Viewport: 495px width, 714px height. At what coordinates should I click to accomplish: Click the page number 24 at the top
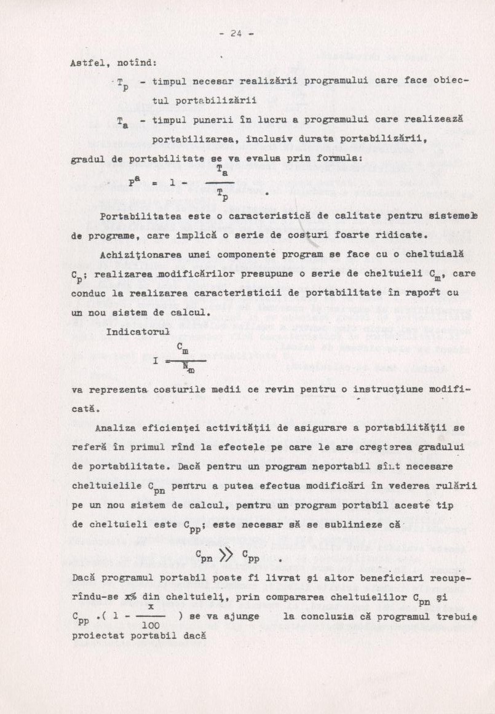pyautogui.click(x=236, y=34)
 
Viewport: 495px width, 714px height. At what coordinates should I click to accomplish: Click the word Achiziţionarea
pyautogui.click(x=141, y=255)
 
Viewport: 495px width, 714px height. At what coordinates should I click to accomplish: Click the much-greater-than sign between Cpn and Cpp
pyautogui.click(x=226, y=558)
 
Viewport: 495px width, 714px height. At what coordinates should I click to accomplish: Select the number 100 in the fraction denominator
pyautogui.click(x=151, y=626)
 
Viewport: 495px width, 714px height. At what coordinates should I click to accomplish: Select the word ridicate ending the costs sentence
pyautogui.click(x=399, y=235)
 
